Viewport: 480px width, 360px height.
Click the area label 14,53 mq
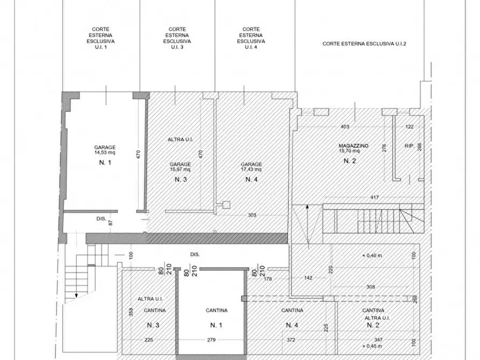(105, 153)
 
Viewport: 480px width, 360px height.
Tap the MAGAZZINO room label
(354, 146)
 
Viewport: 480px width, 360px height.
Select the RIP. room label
(409, 146)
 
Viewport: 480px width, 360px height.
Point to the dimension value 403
(345, 126)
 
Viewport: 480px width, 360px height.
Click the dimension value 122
(409, 126)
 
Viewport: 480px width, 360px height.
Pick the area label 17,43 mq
(252, 169)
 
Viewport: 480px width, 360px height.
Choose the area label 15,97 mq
(180, 169)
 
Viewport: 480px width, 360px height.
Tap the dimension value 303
(252, 215)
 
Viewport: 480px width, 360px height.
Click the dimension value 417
(375, 197)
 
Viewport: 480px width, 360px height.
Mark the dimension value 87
(111, 222)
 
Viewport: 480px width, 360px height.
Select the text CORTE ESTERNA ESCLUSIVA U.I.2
(364, 44)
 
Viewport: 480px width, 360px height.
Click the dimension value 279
(211, 340)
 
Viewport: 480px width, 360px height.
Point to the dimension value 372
(291, 340)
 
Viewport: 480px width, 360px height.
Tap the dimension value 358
(131, 312)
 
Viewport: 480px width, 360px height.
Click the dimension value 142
(309, 278)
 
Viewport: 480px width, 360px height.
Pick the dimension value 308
(370, 287)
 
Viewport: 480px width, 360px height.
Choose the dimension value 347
(378, 340)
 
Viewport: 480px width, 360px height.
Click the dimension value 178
(268, 278)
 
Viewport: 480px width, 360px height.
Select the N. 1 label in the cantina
(216, 325)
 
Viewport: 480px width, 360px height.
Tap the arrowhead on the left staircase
(76, 296)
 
